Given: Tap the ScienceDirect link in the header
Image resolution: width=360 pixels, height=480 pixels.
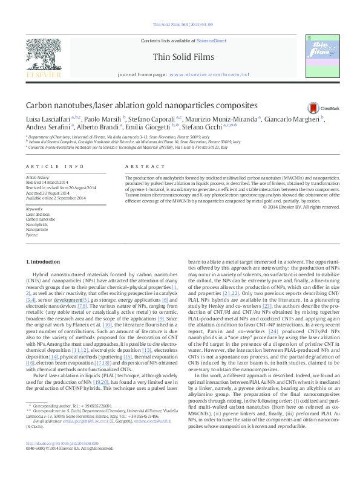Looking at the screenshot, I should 212,40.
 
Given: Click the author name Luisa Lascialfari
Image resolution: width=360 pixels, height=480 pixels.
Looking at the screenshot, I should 48,119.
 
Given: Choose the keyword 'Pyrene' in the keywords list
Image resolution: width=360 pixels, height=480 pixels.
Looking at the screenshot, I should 31,235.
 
